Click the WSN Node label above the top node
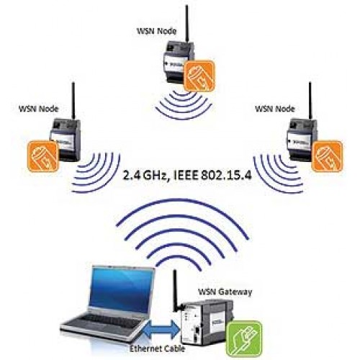pos(156,31)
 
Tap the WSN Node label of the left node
pos(39,109)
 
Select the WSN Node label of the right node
pos(275,109)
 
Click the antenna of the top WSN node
pos(187,24)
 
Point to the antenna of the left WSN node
pos(73,101)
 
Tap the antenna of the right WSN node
pos(310,101)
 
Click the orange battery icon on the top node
pos(199,76)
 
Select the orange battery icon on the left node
pos(43,156)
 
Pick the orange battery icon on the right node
pos(327,156)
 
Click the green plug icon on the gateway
pos(245,338)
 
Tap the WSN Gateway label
pos(225,292)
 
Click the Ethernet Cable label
pos(157,348)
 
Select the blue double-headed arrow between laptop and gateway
pos(162,329)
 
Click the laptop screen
pos(121,290)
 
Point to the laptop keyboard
pos(107,320)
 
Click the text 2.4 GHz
pos(145,176)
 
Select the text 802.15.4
pos(226,175)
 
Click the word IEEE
pos(185,175)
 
